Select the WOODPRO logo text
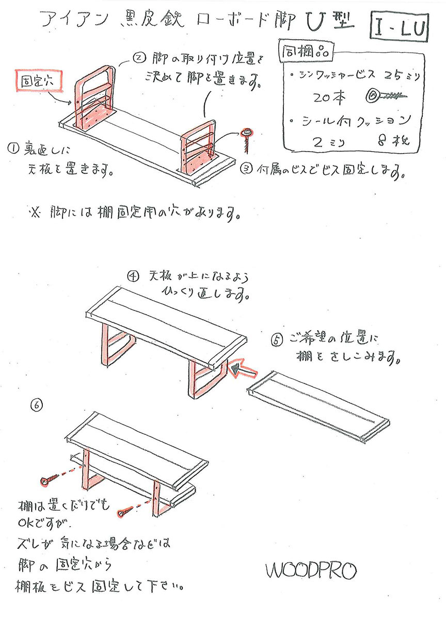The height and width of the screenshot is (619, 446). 311,571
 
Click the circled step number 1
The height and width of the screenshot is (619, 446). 13,149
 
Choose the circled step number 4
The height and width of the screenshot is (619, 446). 133,276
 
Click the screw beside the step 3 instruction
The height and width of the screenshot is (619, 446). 246,138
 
